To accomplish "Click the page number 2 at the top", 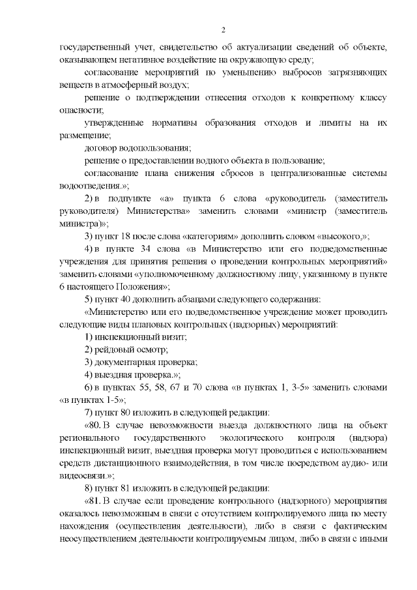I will coord(223,29).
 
